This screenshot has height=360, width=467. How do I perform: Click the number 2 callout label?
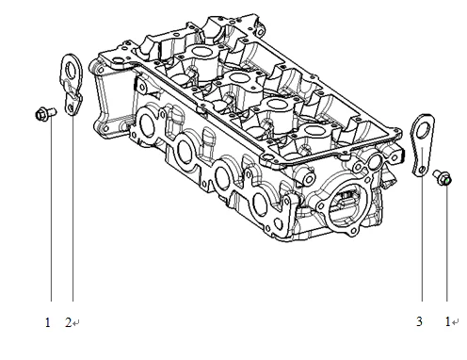pyautogui.click(x=68, y=322)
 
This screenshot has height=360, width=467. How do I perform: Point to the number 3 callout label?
pyautogui.click(x=419, y=322)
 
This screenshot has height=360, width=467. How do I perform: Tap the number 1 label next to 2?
pyautogui.click(x=47, y=322)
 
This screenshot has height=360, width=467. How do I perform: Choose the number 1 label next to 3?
pyautogui.click(x=447, y=322)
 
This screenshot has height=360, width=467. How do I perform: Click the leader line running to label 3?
pyautogui.click(x=421, y=245)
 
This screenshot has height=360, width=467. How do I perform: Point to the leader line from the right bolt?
pyautogui.click(x=449, y=245)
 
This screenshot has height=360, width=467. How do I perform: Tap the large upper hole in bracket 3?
pyautogui.click(x=424, y=128)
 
